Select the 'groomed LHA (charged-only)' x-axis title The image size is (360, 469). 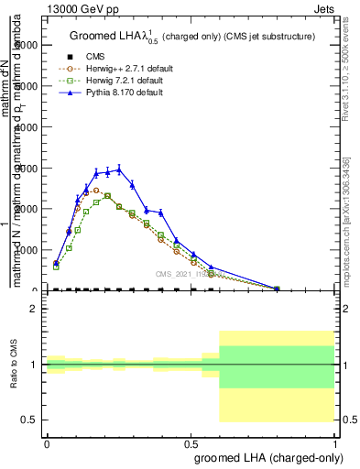pos(265,456)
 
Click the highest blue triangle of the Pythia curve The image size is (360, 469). pos(119,169)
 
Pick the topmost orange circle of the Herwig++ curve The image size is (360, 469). pos(96,191)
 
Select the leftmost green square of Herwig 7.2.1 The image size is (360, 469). pos(56,267)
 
